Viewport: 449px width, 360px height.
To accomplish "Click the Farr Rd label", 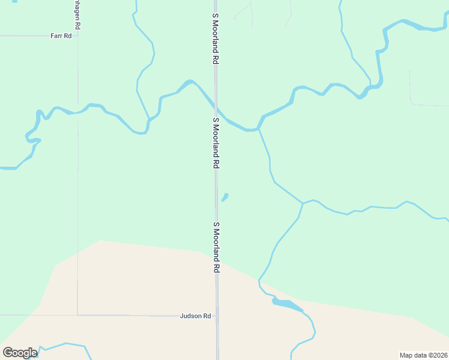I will tap(61, 36).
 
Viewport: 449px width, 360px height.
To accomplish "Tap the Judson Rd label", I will tap(196, 316).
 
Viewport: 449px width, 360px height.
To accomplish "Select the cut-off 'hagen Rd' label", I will tap(77, 16).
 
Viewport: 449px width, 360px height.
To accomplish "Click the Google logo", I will tap(20, 353).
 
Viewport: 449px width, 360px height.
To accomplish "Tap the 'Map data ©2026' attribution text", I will tap(423, 355).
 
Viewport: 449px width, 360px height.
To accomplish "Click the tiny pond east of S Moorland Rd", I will tap(224, 197).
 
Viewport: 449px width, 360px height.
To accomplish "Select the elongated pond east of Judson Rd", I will tap(287, 304).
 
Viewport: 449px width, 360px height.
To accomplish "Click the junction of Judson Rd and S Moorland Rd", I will tap(217, 316).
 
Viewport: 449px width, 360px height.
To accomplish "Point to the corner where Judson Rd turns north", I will tap(77, 314).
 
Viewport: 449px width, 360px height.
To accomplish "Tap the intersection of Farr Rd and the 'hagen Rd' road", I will tap(77, 35).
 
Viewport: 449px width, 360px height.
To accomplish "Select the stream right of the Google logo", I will tap(66, 345).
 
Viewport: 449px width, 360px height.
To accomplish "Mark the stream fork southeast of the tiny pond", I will tap(302, 203).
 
